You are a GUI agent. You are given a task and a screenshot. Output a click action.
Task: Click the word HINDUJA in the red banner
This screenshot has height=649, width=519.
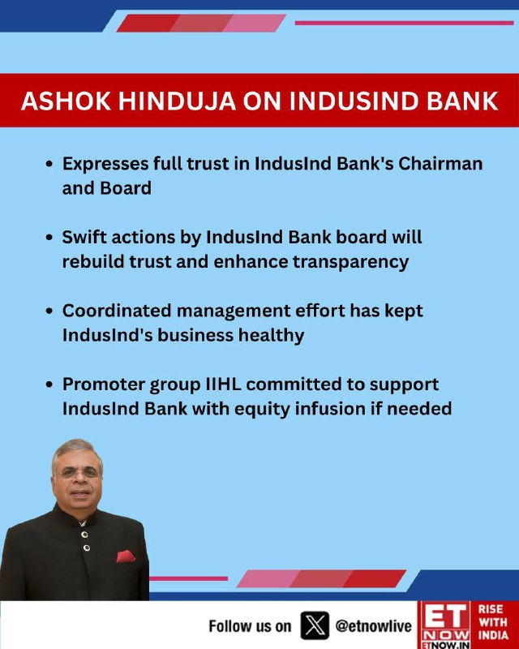click(177, 101)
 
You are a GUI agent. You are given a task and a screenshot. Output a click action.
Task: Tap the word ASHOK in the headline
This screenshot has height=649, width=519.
click(66, 101)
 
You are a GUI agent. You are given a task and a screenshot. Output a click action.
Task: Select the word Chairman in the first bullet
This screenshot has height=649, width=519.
click(440, 164)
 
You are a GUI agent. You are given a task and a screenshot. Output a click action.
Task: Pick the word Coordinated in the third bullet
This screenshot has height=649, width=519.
click(117, 311)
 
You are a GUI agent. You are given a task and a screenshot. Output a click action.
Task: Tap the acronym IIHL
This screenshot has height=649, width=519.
click(224, 384)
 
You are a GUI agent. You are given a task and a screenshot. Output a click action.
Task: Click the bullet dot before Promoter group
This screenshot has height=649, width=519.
click(49, 385)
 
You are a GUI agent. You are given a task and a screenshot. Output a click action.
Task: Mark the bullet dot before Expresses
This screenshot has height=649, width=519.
click(49, 164)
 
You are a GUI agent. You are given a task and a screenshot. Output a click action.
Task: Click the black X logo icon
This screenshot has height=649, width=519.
click(315, 625)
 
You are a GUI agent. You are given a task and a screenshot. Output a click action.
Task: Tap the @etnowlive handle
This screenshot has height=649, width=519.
click(374, 625)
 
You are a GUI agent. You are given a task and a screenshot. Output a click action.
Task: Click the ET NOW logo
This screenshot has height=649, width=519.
click(445, 625)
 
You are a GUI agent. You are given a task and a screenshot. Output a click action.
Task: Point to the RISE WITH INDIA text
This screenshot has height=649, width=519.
click(493, 622)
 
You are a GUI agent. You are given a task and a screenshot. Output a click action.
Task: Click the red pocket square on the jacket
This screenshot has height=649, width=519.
click(125, 557)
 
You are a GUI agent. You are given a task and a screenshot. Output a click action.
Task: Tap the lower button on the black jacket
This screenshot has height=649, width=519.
click(87, 548)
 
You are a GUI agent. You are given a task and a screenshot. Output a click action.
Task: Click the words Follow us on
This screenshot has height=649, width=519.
click(250, 626)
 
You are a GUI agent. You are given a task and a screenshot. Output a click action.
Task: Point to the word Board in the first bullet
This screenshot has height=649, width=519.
click(126, 188)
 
